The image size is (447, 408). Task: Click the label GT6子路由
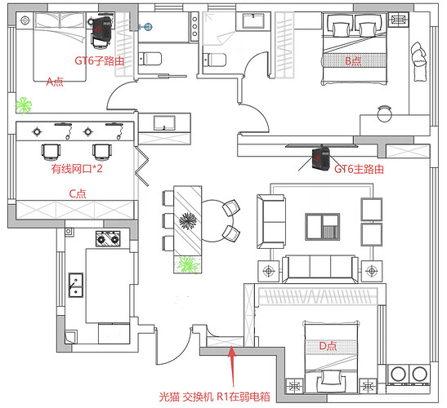(99, 60)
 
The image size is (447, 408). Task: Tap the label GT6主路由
(359, 169)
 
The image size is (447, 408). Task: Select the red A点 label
(55, 82)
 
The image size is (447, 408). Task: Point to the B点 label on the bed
(353, 61)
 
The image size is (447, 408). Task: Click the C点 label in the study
(78, 194)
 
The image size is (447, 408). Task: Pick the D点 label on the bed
(328, 346)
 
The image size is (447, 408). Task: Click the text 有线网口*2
(77, 169)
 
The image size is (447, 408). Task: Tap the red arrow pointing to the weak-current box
(232, 366)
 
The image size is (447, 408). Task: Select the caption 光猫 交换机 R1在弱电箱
(214, 397)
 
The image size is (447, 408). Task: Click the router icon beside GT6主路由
(320, 158)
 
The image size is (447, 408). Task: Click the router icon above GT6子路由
(102, 29)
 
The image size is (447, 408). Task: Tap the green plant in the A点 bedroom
(24, 105)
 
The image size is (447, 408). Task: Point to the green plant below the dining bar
(188, 264)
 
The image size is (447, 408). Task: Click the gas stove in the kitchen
(108, 238)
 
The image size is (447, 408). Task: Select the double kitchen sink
(76, 285)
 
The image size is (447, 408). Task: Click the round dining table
(217, 221)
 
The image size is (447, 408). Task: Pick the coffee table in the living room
(323, 227)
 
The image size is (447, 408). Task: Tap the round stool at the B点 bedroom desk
(384, 113)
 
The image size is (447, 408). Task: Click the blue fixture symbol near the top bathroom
(146, 27)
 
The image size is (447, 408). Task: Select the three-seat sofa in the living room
(320, 268)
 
